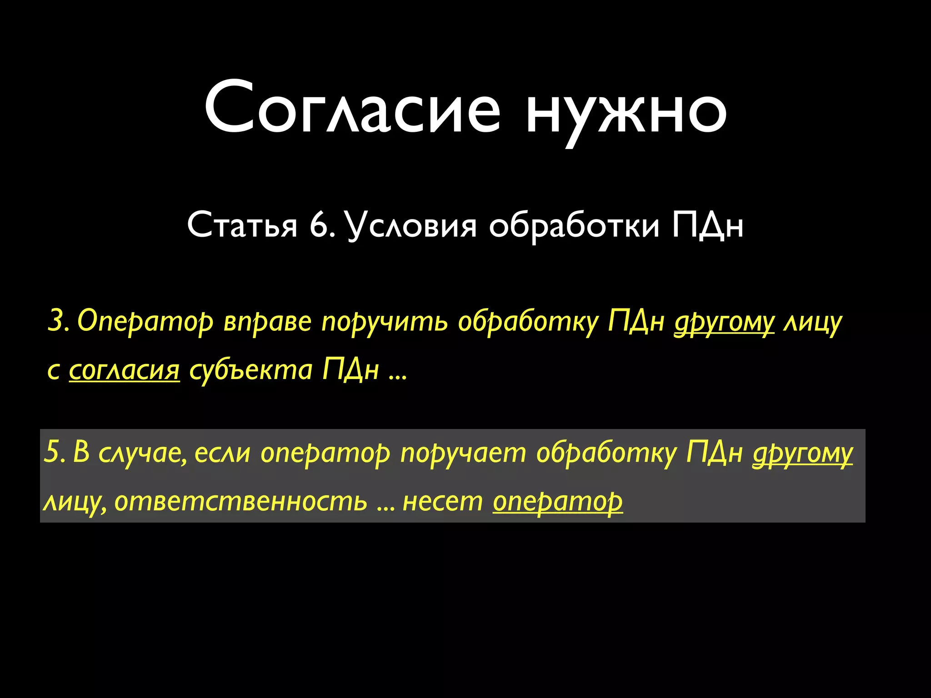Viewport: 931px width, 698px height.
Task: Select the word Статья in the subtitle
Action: [242, 225]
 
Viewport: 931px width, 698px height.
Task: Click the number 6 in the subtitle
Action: [320, 225]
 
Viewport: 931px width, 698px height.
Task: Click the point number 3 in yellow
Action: [56, 321]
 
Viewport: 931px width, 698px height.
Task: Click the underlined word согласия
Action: [124, 370]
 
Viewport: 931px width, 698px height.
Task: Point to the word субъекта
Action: [250, 370]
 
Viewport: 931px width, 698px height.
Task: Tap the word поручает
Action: [463, 454]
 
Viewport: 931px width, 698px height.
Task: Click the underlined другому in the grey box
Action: [802, 454]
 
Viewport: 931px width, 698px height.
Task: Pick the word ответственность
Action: [240, 502]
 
